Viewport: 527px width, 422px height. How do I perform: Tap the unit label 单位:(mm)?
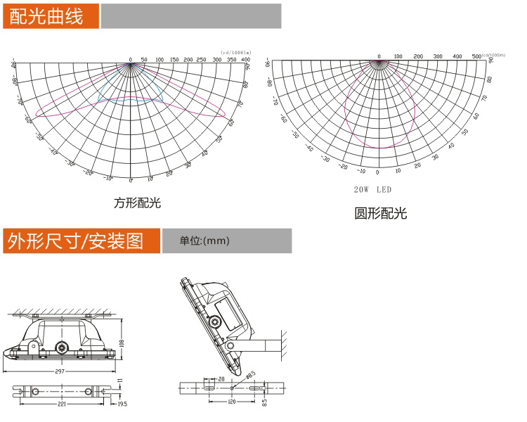(x=204, y=241)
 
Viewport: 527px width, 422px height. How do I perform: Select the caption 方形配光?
(x=138, y=203)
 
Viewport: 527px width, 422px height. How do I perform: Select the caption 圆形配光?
(x=380, y=213)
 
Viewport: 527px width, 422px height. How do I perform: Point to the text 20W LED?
(x=372, y=190)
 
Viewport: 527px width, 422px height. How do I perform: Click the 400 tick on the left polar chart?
(x=246, y=60)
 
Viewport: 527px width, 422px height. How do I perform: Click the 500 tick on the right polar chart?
(x=476, y=56)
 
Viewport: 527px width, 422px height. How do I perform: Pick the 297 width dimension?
(x=63, y=370)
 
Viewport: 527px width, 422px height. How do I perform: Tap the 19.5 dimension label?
(x=122, y=404)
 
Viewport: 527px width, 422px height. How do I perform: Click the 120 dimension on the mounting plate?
(x=232, y=402)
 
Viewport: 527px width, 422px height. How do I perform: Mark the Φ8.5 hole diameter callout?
(x=250, y=374)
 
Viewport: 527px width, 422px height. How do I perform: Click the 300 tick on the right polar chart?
(x=438, y=56)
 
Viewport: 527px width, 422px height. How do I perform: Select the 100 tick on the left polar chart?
(x=160, y=60)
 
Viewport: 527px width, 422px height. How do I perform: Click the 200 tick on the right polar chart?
(x=418, y=56)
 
